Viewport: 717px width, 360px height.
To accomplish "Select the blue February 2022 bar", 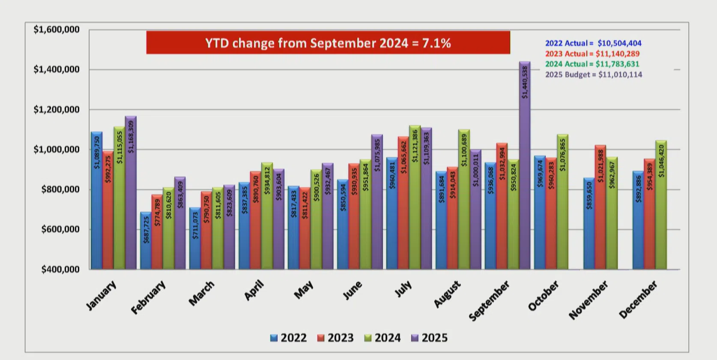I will click(146, 240).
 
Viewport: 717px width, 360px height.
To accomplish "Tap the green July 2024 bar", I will click(415, 197).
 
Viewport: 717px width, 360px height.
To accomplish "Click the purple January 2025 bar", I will click(131, 192).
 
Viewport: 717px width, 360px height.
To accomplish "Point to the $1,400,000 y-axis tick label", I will click(57, 69).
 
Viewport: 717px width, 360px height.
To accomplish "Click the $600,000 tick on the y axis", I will click(60, 229).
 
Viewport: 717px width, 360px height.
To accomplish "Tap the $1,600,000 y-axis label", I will click(57, 30).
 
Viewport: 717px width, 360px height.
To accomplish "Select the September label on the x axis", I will click(489, 301).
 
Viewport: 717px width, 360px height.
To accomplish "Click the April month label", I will click(254, 290).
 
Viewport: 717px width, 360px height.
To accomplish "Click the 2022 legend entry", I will click(289, 338).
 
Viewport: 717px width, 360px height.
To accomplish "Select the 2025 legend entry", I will click(430, 338).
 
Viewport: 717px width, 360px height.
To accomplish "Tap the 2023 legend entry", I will click(336, 338).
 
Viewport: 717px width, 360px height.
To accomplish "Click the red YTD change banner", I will click(328, 43).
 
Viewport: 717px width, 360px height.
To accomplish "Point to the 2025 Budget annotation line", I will click(594, 75).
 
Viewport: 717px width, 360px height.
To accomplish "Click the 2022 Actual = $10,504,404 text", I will click(593, 43).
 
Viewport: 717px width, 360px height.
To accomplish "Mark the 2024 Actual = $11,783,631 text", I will click(592, 64).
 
